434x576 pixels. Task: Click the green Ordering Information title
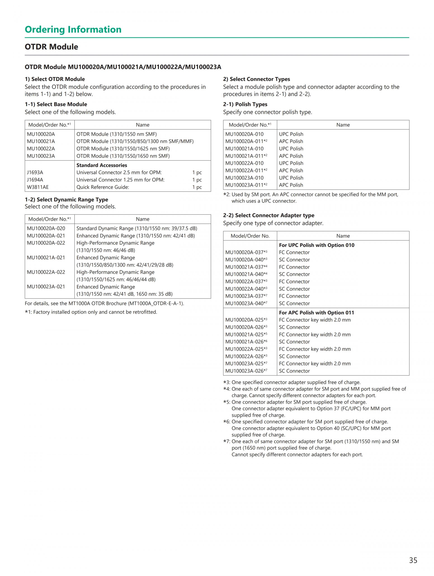coord(73,29)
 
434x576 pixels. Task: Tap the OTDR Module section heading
coord(51,47)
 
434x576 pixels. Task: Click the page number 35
coord(413,560)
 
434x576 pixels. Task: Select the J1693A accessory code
coord(35,172)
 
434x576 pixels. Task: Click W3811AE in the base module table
coord(38,187)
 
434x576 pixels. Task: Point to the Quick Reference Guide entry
coord(103,187)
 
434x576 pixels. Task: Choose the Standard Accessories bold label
coord(101,165)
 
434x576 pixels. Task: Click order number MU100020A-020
coord(46,228)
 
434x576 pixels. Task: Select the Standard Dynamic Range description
coord(137,228)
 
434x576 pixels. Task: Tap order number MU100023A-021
coord(46,287)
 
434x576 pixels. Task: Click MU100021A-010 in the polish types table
coord(244,149)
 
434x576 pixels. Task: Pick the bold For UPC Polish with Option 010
coord(316,245)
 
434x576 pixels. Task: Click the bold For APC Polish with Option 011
coord(316,312)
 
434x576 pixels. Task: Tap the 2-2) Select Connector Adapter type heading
coord(269,215)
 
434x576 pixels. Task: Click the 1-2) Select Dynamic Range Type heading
coord(66,199)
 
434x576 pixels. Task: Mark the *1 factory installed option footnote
coord(91,312)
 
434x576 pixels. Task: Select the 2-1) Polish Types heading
coord(245,104)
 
